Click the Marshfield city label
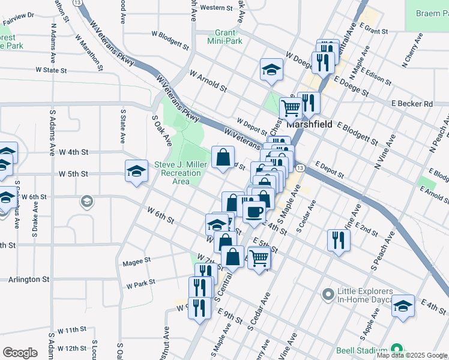tap(310, 125)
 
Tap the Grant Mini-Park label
tap(224, 37)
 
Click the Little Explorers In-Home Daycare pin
tap(328, 295)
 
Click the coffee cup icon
tap(254, 212)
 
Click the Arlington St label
tap(29, 280)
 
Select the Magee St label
tap(136, 261)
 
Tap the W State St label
tap(51, 70)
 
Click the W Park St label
tap(140, 282)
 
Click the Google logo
tap(20, 352)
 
